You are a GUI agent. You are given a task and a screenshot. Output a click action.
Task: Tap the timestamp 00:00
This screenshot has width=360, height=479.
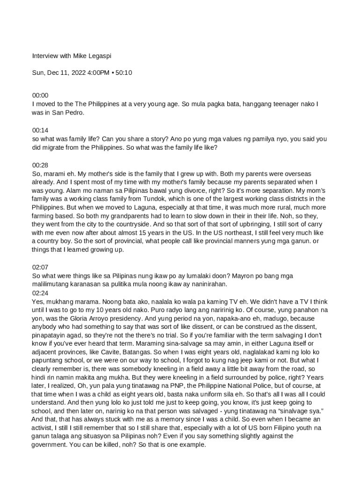pyautogui.click(x=40, y=95)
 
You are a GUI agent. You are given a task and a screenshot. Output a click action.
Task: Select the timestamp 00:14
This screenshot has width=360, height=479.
pyautogui.click(x=40, y=130)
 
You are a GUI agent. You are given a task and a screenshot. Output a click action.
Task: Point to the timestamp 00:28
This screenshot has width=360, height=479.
pyautogui.click(x=40, y=165)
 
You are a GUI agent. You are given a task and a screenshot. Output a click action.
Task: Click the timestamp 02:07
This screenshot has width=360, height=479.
pyautogui.click(x=40, y=267)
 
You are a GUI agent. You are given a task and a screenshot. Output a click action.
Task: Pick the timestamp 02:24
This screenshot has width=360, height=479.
pyautogui.click(x=40, y=293)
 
